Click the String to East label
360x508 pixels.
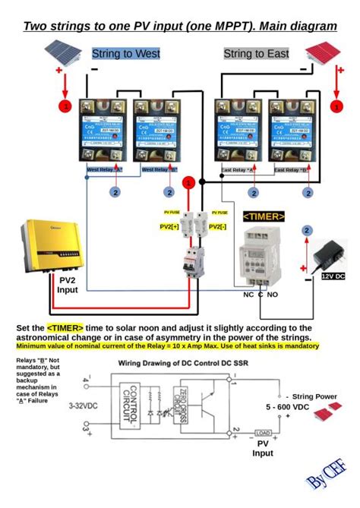point(256,54)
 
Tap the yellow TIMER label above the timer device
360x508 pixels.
point(264,216)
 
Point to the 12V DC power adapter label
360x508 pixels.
point(333,276)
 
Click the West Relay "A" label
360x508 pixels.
point(105,170)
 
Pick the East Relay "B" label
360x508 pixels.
point(291,170)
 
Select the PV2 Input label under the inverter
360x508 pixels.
point(68,284)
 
